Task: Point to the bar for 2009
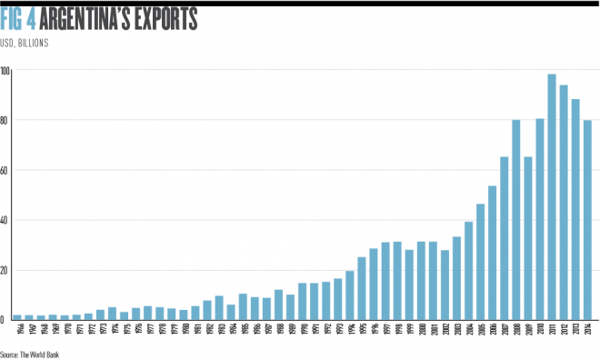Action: coord(528,237)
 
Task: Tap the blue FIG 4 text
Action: coord(20,18)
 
